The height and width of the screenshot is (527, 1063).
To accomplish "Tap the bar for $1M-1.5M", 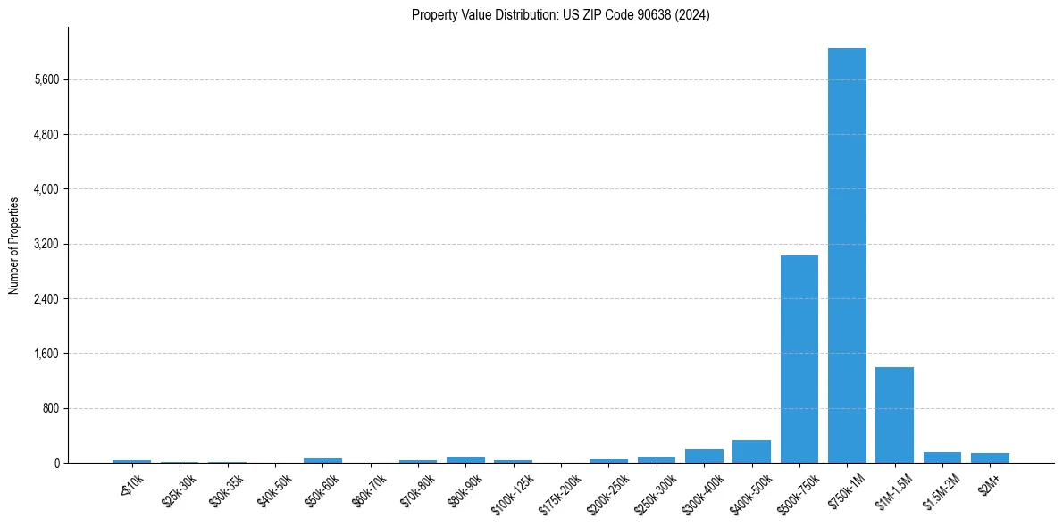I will tap(894, 414).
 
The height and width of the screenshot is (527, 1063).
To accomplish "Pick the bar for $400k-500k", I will tap(751, 452).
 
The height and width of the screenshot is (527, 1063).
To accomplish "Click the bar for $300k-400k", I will tap(704, 456).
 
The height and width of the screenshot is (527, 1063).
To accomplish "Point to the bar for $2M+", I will tap(990, 458).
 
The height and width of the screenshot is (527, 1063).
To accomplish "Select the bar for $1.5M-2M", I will tap(942, 457).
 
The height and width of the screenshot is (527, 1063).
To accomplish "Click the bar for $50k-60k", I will tap(322, 460).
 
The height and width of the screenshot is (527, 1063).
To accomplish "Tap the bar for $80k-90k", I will tap(465, 460).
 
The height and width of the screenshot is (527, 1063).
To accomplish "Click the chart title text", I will tap(560, 15).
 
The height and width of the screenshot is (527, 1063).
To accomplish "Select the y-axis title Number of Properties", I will tap(14, 245).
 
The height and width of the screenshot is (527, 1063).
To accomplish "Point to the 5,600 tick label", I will tap(46, 79).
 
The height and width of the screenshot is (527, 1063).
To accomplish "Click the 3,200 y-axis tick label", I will tap(46, 244).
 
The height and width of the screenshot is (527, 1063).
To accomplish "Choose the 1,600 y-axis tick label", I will tap(46, 354).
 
